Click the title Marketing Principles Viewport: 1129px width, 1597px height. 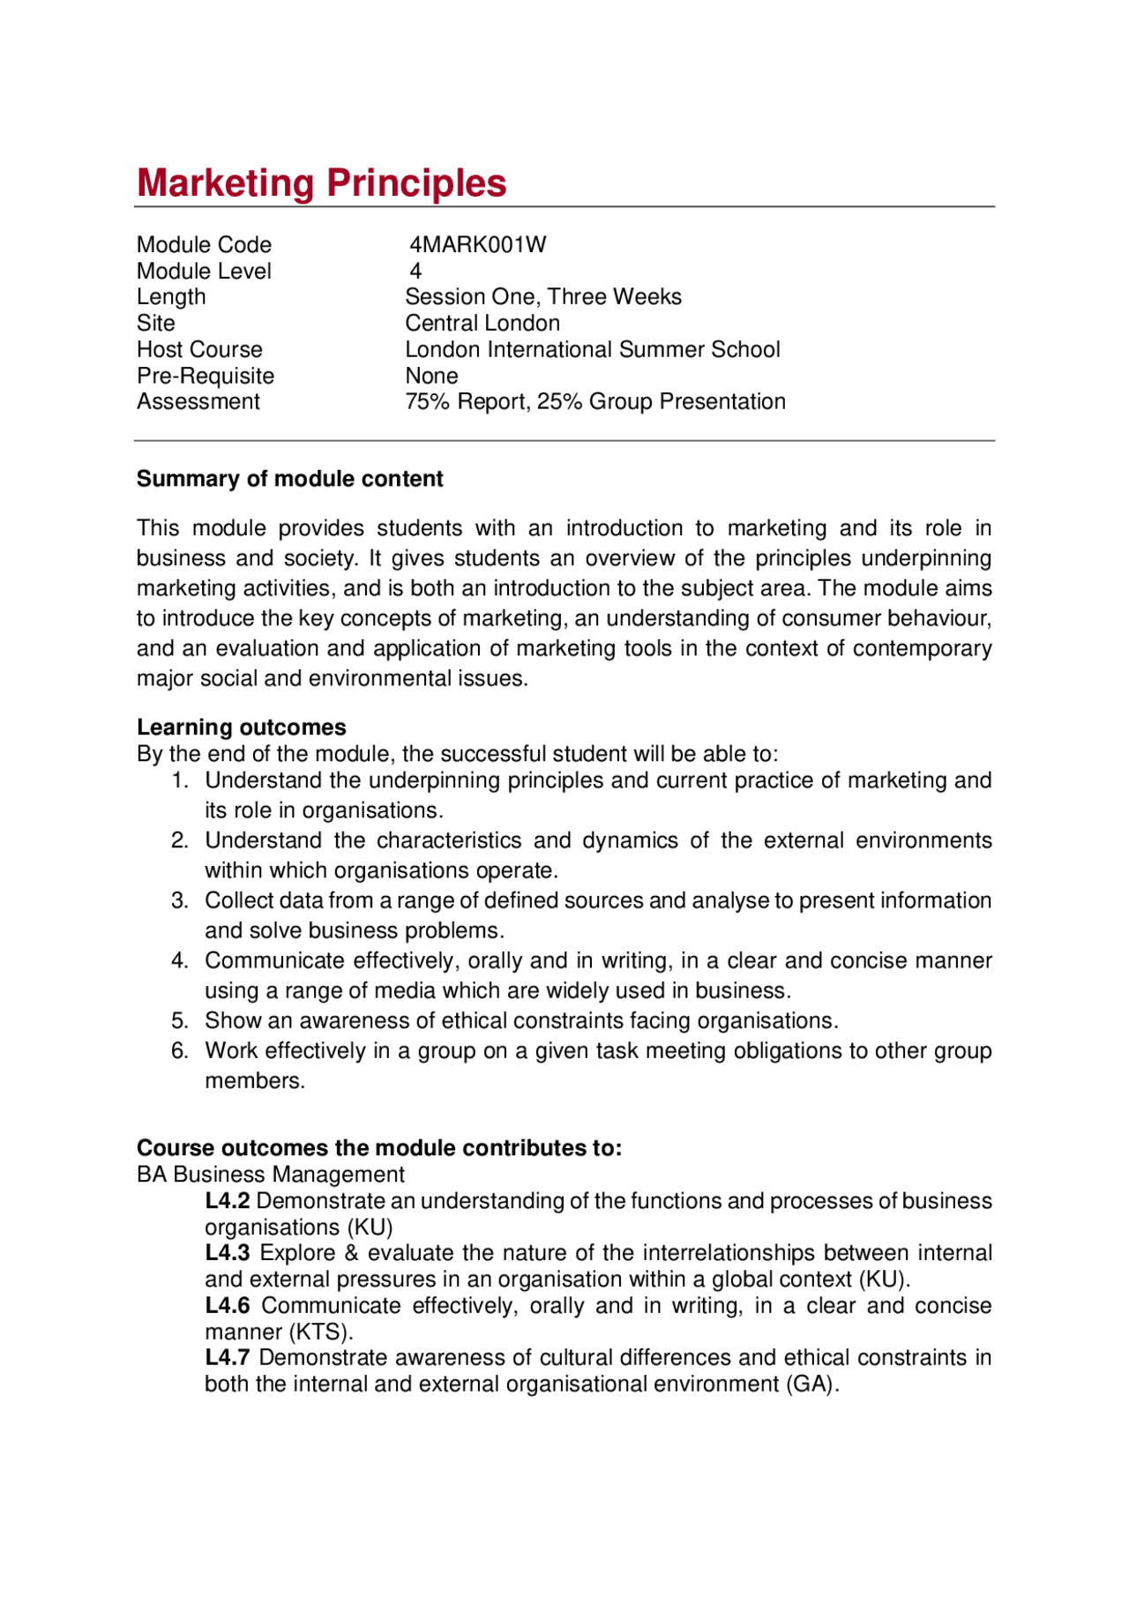point(321,183)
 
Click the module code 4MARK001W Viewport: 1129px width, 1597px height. point(477,245)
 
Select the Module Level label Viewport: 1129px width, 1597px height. point(204,272)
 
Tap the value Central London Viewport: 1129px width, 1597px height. point(482,324)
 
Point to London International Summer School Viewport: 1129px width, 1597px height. point(592,350)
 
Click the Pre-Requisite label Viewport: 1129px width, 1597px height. point(206,377)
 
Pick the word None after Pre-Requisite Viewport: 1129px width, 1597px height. point(431,377)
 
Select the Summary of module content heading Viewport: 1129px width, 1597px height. point(289,479)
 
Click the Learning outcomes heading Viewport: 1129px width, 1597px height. point(241,728)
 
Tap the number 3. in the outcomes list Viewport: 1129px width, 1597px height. point(180,901)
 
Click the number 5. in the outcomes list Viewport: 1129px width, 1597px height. point(180,1021)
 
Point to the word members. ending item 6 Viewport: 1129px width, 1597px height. point(255,1081)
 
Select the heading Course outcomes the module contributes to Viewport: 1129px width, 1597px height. point(379,1148)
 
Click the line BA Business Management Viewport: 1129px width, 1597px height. point(270,1175)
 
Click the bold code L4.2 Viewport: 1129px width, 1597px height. point(227,1201)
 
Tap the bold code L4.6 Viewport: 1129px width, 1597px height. point(227,1306)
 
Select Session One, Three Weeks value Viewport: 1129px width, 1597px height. point(542,297)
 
